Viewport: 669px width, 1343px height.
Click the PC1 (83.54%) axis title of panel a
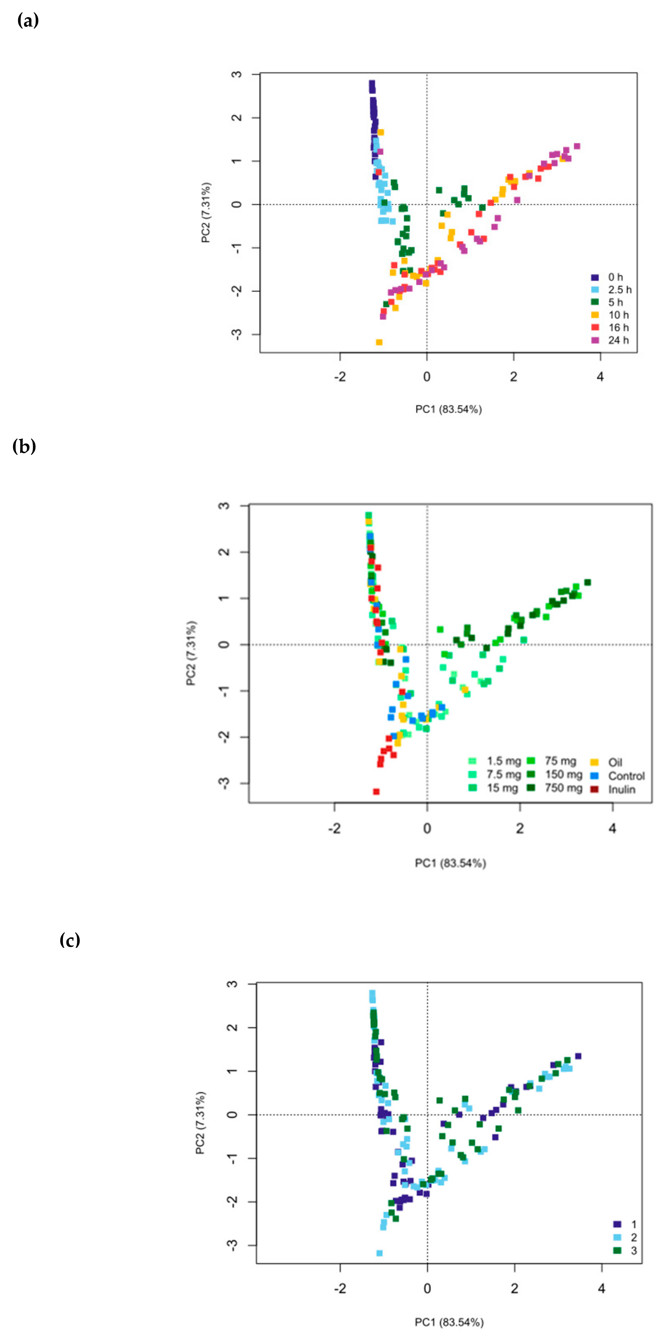pos(448,409)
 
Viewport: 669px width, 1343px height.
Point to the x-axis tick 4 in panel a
pos(600,377)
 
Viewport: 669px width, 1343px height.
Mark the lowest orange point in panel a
pos(379,342)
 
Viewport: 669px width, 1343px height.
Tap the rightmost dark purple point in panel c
pos(578,1056)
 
